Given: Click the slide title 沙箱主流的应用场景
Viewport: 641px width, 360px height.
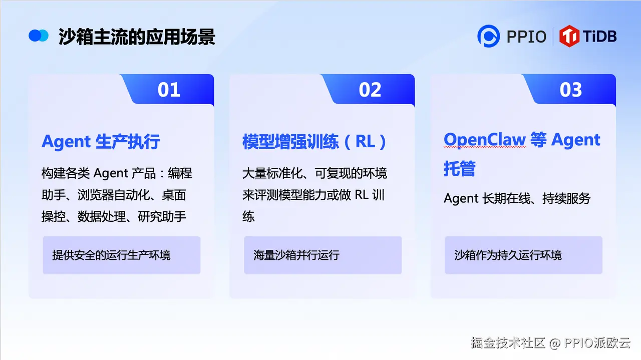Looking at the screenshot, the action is click(x=137, y=37).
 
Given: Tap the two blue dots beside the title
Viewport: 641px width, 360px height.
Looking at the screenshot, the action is click(x=39, y=36).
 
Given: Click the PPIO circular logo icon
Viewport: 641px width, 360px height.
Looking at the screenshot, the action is click(x=488, y=36).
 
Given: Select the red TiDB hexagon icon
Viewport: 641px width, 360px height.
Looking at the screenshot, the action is click(x=569, y=36).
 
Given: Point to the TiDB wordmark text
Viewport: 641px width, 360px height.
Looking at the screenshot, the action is click(x=600, y=37).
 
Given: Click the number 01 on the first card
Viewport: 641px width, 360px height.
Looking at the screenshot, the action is click(x=169, y=90).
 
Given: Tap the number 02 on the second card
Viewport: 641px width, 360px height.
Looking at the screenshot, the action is click(x=370, y=90).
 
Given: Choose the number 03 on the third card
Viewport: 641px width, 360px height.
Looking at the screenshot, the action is click(x=571, y=90).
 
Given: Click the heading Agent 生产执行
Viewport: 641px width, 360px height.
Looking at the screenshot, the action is click(x=101, y=142).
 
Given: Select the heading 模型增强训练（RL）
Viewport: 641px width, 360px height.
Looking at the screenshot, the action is click(x=314, y=142).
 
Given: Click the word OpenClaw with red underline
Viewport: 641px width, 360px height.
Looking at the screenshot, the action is click(x=484, y=140).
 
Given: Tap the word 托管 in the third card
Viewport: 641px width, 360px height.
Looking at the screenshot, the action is click(x=460, y=168).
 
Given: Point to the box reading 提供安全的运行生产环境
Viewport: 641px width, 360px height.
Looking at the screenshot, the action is click(x=122, y=255).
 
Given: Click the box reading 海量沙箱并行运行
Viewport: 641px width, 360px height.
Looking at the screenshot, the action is click(x=323, y=255).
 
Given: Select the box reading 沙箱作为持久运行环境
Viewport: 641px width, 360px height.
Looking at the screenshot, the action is click(x=523, y=255).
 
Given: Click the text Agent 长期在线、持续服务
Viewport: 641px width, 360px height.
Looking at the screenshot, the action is click(x=517, y=198).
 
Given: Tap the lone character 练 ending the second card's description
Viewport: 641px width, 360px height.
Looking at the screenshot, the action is click(x=248, y=217).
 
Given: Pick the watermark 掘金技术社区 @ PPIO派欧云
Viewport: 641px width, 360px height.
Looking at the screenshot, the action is click(x=550, y=343).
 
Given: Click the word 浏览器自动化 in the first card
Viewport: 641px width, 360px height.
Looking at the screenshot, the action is click(x=114, y=195).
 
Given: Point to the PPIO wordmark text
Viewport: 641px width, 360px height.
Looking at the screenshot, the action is click(x=526, y=37).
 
